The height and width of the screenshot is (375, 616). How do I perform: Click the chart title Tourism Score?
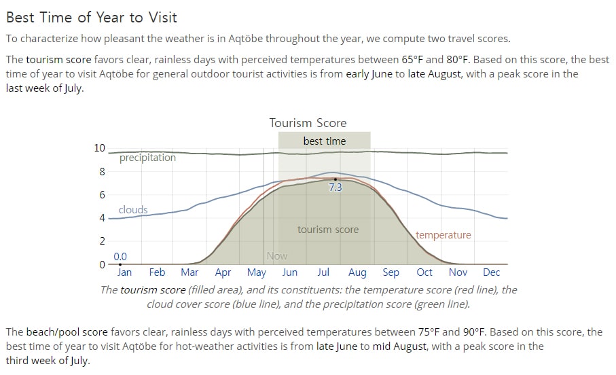tap(308, 123)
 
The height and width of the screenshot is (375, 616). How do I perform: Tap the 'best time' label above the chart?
tap(325, 141)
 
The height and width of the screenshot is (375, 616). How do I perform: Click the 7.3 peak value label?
tap(336, 187)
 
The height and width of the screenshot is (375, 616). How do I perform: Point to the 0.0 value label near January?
tap(120, 257)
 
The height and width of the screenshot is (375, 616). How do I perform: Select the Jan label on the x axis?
tap(124, 272)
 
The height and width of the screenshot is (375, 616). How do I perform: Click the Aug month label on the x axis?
tap(357, 272)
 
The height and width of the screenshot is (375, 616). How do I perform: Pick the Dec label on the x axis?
tap(491, 272)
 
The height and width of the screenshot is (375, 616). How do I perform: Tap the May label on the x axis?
tap(257, 272)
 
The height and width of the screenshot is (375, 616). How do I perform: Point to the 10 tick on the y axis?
tap(99, 148)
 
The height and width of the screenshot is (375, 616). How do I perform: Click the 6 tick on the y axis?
tap(102, 194)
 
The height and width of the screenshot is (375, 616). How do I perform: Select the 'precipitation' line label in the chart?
tap(147, 158)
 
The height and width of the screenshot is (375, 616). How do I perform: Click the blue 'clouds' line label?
tap(133, 209)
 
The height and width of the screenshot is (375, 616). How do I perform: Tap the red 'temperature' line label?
tap(443, 234)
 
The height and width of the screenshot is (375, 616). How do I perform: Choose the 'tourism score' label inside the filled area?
tap(328, 230)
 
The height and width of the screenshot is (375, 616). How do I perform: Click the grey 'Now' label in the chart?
tap(277, 256)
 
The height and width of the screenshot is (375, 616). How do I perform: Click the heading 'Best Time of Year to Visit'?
tap(92, 17)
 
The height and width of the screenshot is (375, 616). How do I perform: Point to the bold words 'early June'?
tap(369, 74)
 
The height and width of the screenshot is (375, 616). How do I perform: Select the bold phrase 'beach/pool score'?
tap(67, 332)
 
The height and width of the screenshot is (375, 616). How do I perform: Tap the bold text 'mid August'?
tap(399, 346)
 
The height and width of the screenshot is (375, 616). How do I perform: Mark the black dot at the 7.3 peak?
tap(335, 179)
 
